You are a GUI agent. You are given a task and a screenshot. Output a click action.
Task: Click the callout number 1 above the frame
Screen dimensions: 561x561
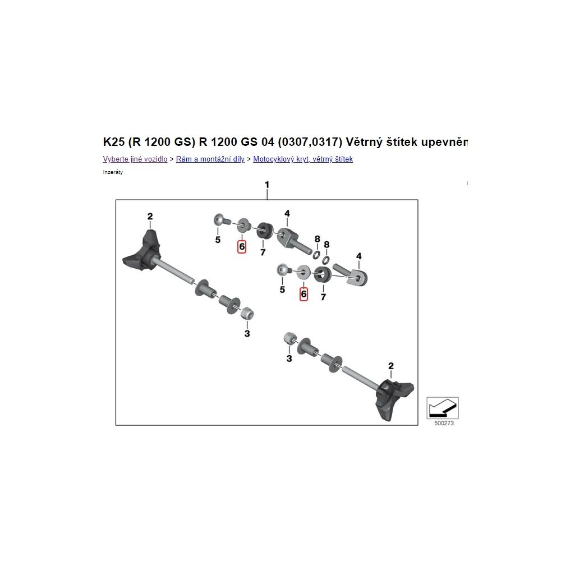click(267, 185)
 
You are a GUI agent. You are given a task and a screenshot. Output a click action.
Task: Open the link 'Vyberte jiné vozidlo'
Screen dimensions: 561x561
click(135, 159)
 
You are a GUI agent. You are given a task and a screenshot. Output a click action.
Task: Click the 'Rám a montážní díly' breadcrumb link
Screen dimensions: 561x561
click(210, 159)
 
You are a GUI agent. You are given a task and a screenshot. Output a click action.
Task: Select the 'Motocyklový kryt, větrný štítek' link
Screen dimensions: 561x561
click(303, 159)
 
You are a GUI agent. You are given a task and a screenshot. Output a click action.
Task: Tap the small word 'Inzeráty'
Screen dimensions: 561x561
click(113, 172)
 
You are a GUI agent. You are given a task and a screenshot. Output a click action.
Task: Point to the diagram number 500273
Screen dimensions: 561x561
click(444, 423)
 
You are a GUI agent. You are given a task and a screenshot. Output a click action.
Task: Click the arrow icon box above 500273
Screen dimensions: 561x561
click(443, 408)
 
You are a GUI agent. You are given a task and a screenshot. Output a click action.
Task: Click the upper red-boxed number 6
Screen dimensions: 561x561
click(242, 246)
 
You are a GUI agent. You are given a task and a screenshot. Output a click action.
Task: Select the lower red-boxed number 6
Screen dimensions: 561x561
click(304, 294)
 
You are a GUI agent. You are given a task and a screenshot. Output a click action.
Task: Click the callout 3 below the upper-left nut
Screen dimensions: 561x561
click(247, 333)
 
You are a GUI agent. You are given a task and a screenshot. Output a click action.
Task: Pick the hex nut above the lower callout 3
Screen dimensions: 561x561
click(289, 338)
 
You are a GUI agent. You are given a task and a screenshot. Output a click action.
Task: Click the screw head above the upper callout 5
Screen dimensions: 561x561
click(219, 219)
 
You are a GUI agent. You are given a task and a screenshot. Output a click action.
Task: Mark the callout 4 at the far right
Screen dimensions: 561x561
click(359, 256)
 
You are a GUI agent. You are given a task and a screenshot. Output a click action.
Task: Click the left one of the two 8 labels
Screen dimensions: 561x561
click(318, 238)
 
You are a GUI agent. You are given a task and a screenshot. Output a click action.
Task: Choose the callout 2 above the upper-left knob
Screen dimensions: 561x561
click(150, 216)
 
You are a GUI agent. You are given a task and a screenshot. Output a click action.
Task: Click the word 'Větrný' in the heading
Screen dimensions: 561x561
click(364, 142)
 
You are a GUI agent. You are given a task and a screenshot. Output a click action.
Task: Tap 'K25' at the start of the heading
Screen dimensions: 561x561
click(114, 142)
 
